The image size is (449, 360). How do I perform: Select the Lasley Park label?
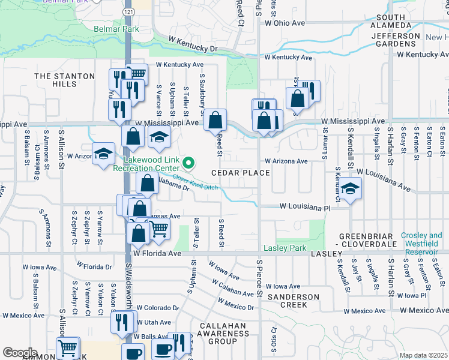pos(285,248)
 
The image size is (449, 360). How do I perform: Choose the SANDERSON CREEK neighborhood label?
pos(294,301)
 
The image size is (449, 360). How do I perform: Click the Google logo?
pos(20,352)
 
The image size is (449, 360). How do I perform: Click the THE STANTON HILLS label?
pos(65,80)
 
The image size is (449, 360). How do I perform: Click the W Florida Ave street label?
pos(157,254)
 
